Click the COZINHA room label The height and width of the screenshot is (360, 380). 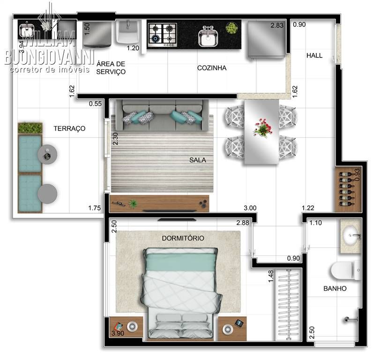point(212,68)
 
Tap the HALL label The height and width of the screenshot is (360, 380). point(314,55)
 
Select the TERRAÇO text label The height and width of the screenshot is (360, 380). point(69,128)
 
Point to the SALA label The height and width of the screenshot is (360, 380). point(198,160)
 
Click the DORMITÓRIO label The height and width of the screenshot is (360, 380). point(183,238)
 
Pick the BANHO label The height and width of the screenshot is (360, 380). point(335,289)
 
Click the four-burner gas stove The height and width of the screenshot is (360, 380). point(163,34)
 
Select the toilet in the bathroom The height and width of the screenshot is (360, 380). point(344,270)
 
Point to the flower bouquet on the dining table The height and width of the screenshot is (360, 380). point(262,127)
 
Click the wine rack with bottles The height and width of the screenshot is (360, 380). point(348,190)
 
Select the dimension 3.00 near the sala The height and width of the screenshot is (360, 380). point(249,208)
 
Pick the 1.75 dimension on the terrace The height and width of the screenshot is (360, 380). point(95,208)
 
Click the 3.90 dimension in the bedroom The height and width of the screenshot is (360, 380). point(118,334)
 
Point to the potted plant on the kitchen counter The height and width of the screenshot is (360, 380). point(231,28)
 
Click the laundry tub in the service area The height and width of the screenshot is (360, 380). point(127,33)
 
